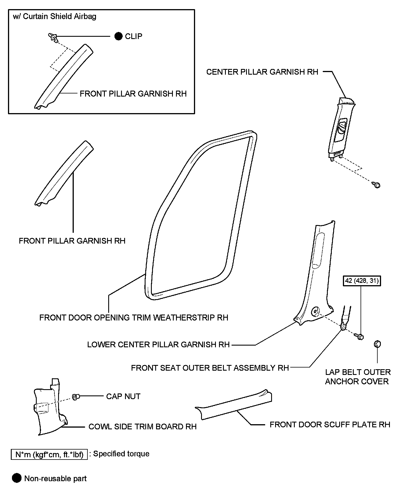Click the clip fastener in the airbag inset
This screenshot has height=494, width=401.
(x=53, y=37)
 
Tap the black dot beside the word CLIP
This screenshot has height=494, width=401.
(x=118, y=36)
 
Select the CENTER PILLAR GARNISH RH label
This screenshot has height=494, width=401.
(x=262, y=72)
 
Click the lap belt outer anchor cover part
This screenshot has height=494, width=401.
(x=377, y=344)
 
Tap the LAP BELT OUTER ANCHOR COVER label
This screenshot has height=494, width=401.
(x=358, y=377)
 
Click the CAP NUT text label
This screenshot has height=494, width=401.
(x=123, y=396)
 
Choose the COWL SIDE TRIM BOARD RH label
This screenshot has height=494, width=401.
(x=142, y=426)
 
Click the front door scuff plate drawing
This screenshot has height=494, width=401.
(x=234, y=405)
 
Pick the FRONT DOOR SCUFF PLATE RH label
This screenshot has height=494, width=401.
(x=330, y=424)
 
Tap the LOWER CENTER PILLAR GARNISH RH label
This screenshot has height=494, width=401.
(x=158, y=344)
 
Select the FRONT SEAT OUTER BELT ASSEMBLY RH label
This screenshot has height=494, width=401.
(x=210, y=368)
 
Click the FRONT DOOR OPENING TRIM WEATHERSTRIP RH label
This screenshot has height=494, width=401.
(x=134, y=318)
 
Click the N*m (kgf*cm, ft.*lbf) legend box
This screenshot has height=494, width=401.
(x=49, y=454)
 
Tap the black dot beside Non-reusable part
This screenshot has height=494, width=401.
(x=17, y=478)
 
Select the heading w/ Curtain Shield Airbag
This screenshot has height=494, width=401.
(x=55, y=17)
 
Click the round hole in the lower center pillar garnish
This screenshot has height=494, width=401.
(x=315, y=311)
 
